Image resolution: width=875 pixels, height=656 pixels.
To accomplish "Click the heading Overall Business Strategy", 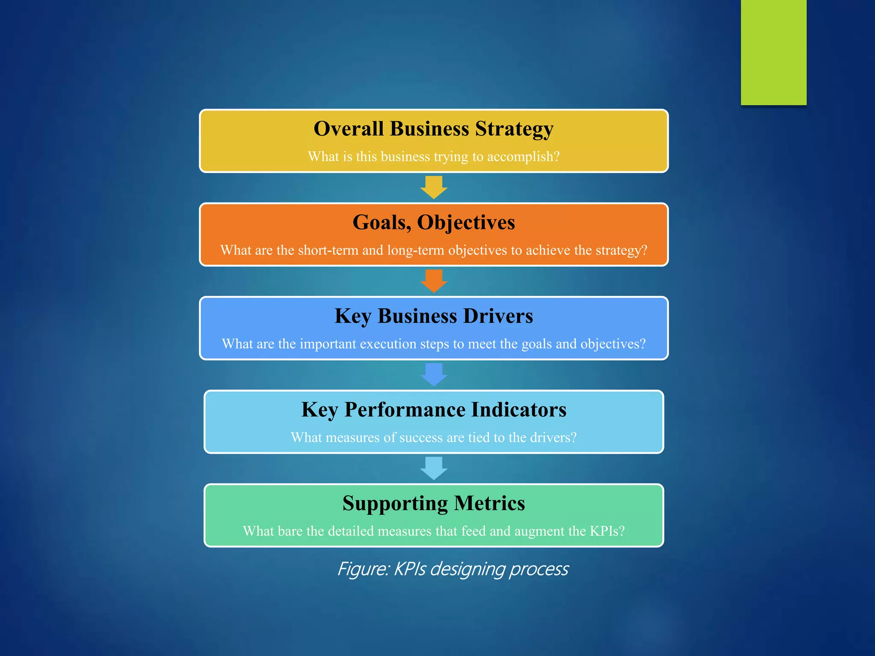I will tap(433, 129).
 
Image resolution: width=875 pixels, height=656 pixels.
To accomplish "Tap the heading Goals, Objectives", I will tap(433, 223).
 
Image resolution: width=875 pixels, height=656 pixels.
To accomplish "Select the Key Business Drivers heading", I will tap(433, 316).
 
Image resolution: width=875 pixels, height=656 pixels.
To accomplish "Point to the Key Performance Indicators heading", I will tap(433, 410).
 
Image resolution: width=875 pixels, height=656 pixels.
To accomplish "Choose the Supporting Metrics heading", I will tap(433, 503).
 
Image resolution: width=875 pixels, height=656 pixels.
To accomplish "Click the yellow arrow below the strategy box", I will tap(434, 187).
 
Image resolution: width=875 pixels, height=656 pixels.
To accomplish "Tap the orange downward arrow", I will tap(434, 281).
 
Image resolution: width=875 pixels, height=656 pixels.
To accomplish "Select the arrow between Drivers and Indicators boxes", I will tap(434, 375).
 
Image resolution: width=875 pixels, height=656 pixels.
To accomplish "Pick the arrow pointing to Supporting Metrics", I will tap(434, 468).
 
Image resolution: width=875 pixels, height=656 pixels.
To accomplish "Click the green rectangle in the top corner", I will tap(773, 52).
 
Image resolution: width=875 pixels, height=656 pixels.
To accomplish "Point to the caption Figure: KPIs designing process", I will tap(452, 569).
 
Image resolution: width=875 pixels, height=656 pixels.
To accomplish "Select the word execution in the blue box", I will tap(388, 344).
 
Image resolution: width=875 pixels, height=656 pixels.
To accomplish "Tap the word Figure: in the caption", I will tap(363, 569).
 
